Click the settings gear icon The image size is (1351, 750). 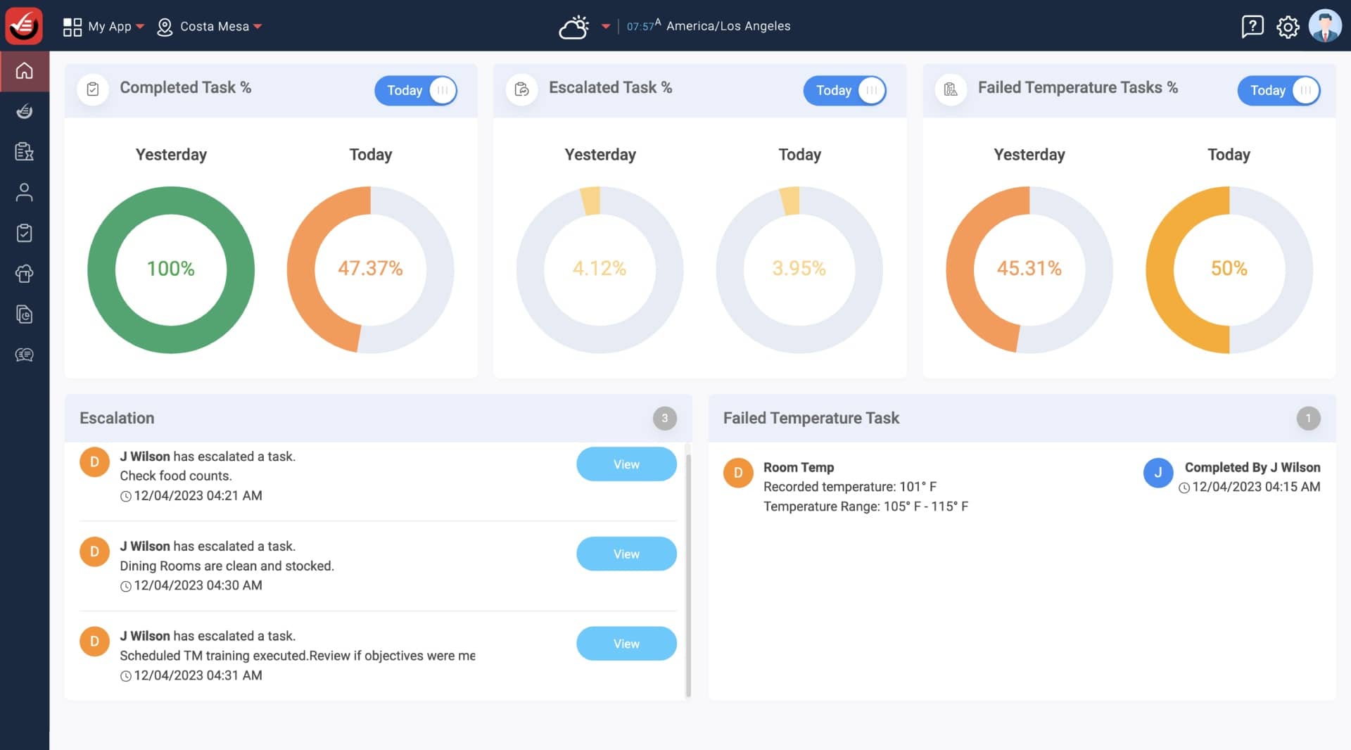[1288, 27]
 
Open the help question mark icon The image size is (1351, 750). [1252, 27]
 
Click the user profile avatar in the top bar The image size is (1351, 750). [1325, 26]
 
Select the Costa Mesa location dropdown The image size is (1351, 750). [210, 27]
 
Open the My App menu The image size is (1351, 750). [103, 27]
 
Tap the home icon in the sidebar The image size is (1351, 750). [25, 71]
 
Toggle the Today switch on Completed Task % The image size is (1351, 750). [416, 91]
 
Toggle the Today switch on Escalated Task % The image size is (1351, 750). [844, 91]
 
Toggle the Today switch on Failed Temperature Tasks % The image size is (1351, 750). [1279, 91]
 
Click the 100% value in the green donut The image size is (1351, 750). [170, 269]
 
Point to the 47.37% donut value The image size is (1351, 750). [370, 269]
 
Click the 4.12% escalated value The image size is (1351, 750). [600, 269]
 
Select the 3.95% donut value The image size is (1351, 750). [799, 269]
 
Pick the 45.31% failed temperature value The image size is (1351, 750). [1029, 269]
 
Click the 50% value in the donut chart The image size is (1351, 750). [1229, 269]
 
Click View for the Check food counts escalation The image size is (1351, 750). [626, 464]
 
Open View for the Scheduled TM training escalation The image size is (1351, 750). [626, 644]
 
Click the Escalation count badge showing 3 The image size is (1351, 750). [664, 418]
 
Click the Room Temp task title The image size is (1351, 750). [799, 467]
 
